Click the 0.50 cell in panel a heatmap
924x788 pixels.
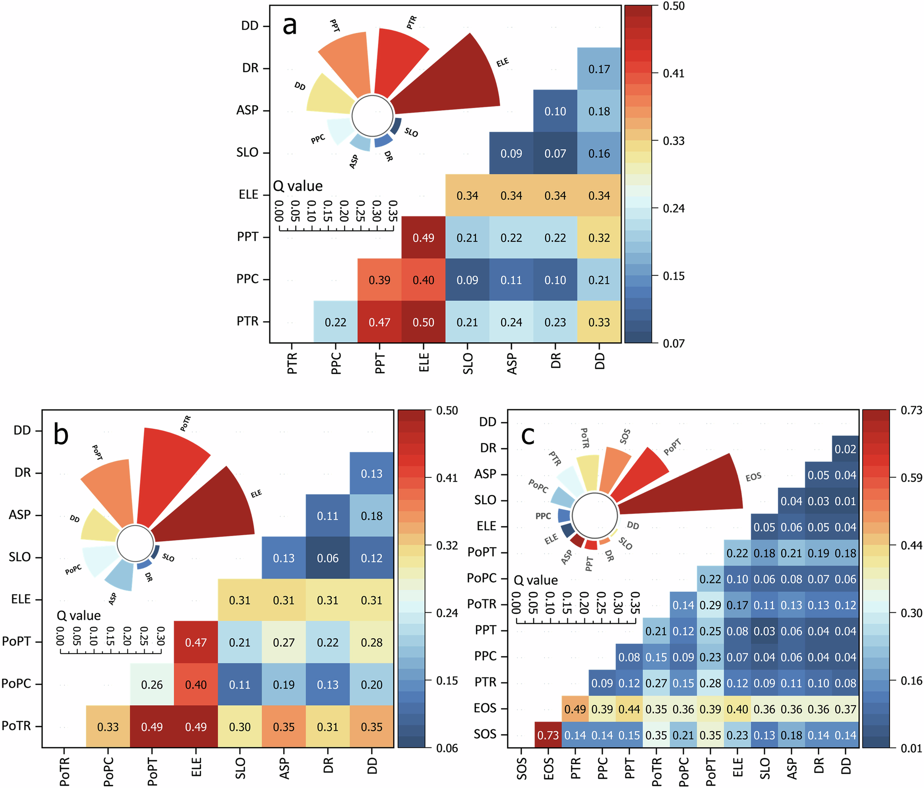(423, 322)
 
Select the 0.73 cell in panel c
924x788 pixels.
(548, 735)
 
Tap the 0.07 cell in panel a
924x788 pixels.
(555, 153)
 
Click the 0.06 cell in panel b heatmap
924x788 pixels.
(328, 558)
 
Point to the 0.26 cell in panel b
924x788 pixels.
(152, 684)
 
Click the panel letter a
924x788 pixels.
(290, 25)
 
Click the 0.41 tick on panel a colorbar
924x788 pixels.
(674, 73)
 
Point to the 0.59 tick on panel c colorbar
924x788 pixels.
(911, 477)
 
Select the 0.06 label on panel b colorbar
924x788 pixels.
(447, 748)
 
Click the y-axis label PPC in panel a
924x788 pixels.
(247, 279)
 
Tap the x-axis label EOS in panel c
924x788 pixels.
(548, 769)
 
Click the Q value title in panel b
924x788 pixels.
(79, 616)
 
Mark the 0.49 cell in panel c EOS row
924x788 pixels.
(575, 709)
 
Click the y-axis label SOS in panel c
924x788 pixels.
(485, 734)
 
